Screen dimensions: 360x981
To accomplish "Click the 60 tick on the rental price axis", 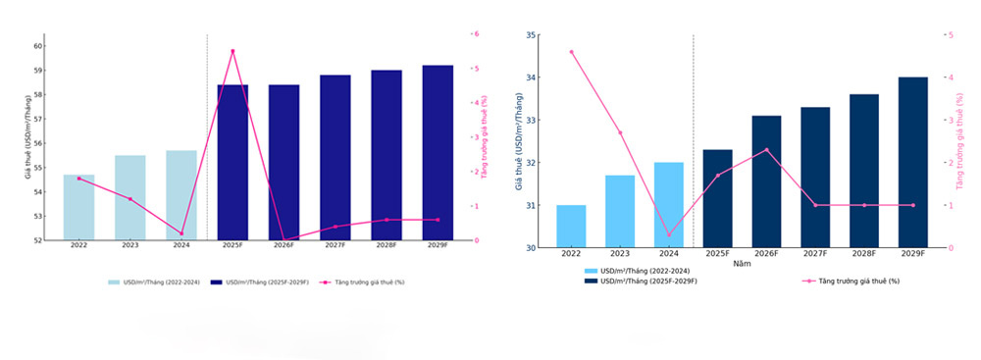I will point(38,46).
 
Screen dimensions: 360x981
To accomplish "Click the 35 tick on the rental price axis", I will point(531,35).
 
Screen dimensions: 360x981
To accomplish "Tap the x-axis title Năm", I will point(742,264).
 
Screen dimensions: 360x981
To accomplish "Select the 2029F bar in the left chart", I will point(438,152).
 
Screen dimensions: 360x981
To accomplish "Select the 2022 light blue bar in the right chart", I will point(571,227).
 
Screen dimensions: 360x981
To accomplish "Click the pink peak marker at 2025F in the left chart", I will point(232,51).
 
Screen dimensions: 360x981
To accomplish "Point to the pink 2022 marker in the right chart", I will point(571,52).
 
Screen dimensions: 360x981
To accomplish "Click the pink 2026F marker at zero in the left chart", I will point(284,239).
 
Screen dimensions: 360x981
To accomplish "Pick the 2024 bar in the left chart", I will point(181,194).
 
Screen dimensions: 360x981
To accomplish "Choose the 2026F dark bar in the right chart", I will point(766,181).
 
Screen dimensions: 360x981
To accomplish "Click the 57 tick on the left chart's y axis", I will point(38,119).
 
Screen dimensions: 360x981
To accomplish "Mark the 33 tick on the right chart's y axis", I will point(531,121).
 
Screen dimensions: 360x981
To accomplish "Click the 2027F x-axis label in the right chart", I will point(815,254).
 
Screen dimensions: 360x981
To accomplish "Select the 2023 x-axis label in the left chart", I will point(130,246).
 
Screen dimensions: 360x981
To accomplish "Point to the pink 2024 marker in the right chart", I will point(669,234).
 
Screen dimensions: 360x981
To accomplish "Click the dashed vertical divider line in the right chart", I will point(694,137).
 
